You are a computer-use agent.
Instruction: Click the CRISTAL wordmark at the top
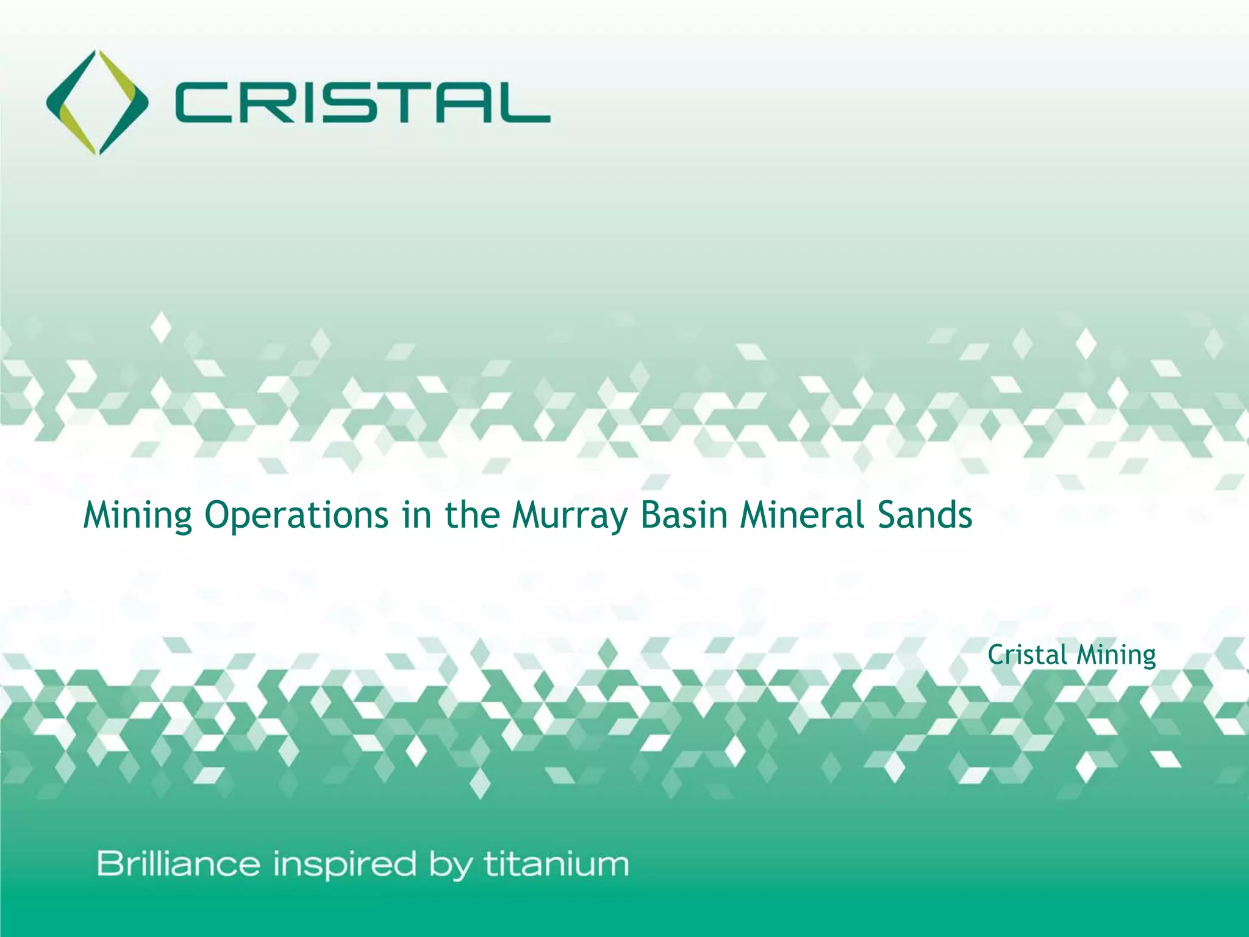(x=362, y=104)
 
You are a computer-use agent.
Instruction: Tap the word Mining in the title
(x=138, y=515)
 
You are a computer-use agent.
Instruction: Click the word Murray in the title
(x=569, y=515)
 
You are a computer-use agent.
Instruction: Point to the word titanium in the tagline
(x=556, y=864)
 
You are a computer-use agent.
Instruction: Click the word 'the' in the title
(x=472, y=515)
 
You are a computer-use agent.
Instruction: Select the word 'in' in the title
(x=415, y=515)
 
